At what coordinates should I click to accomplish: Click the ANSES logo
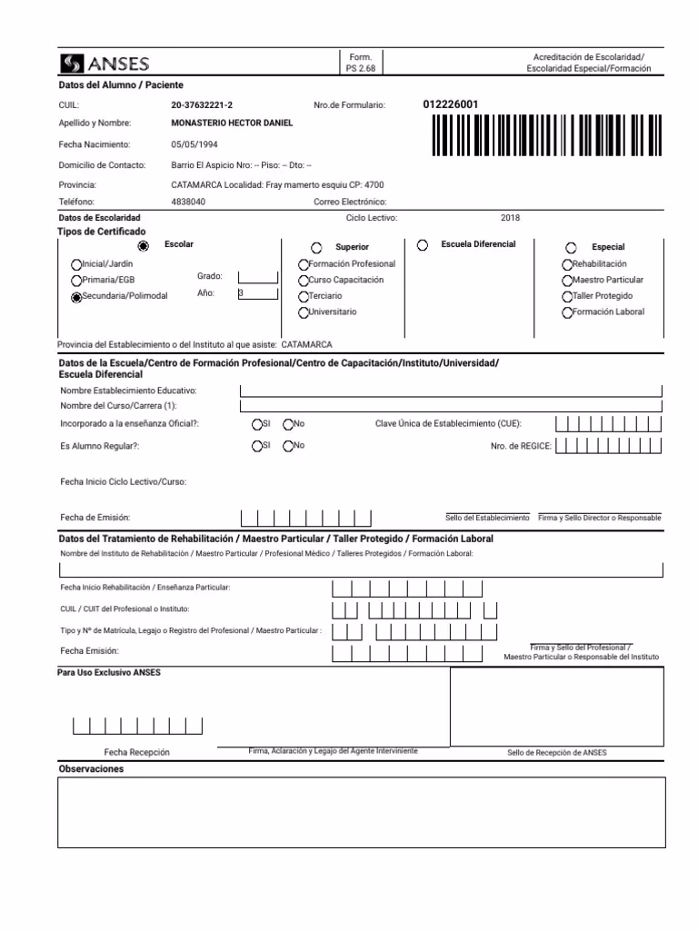(105, 63)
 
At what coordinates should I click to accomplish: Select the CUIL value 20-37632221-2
(208, 105)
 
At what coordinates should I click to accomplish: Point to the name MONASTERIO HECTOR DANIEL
(232, 123)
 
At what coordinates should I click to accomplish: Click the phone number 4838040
(188, 202)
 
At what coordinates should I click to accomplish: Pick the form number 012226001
(451, 104)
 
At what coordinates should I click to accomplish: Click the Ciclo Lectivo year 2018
(510, 218)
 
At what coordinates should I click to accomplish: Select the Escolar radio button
(143, 246)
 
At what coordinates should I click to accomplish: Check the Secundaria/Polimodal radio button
(76, 297)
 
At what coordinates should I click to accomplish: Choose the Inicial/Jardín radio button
(76, 264)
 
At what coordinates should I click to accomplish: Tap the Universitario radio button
(304, 312)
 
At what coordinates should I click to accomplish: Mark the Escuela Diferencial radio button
(424, 245)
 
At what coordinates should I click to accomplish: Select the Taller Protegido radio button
(568, 297)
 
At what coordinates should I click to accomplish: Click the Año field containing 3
(257, 293)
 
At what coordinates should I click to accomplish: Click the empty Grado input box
(257, 277)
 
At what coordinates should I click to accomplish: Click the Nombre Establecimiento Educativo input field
(451, 391)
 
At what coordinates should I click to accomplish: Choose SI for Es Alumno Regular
(257, 446)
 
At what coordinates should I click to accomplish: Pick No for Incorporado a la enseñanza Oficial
(288, 424)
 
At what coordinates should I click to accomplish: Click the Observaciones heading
(91, 769)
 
